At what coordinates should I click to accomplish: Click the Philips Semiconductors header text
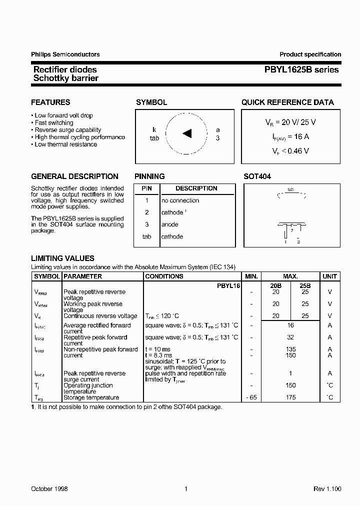pyautogui.click(x=65, y=54)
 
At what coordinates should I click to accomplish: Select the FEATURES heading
pyautogui.click(x=50, y=102)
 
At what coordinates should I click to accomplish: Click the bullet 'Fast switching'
pyautogui.click(x=53, y=122)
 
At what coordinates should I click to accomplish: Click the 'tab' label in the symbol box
pyautogui.click(x=154, y=138)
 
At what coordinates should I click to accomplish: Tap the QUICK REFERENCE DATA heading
pyautogui.click(x=287, y=102)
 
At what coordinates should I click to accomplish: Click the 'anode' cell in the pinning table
pyautogui.click(x=169, y=224)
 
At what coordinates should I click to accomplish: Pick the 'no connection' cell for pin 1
pyautogui.click(x=180, y=200)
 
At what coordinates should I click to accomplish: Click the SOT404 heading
pyautogui.click(x=257, y=176)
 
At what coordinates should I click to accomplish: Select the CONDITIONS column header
pyautogui.click(x=164, y=276)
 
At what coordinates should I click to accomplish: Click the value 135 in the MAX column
pyautogui.click(x=290, y=349)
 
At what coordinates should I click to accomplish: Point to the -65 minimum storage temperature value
pyautogui.click(x=251, y=397)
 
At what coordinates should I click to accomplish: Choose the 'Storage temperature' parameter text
pyautogui.click(x=91, y=397)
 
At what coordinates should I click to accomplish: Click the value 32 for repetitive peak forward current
pyautogui.click(x=290, y=337)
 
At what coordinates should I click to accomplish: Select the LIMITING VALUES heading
pyautogui.click(x=62, y=258)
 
